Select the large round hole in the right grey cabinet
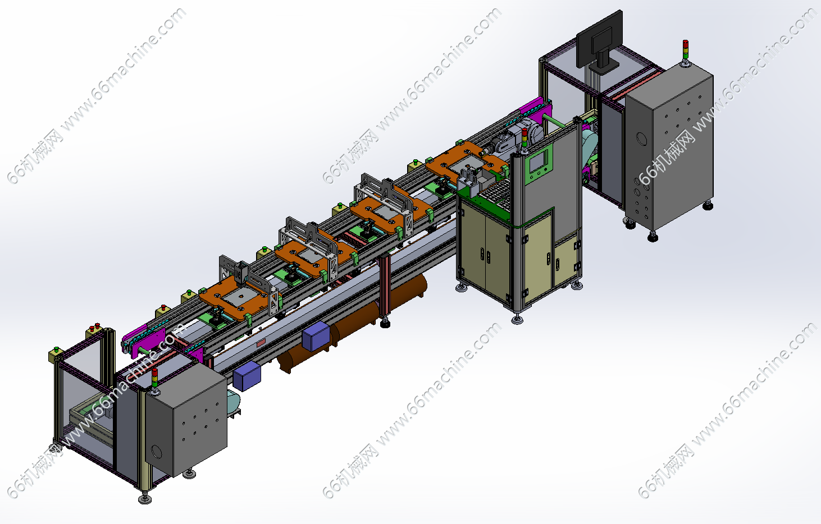(641, 139)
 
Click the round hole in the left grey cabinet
(157, 452)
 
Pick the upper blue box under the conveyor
(316, 336)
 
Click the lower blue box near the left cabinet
(247, 376)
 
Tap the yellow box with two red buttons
(94, 330)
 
